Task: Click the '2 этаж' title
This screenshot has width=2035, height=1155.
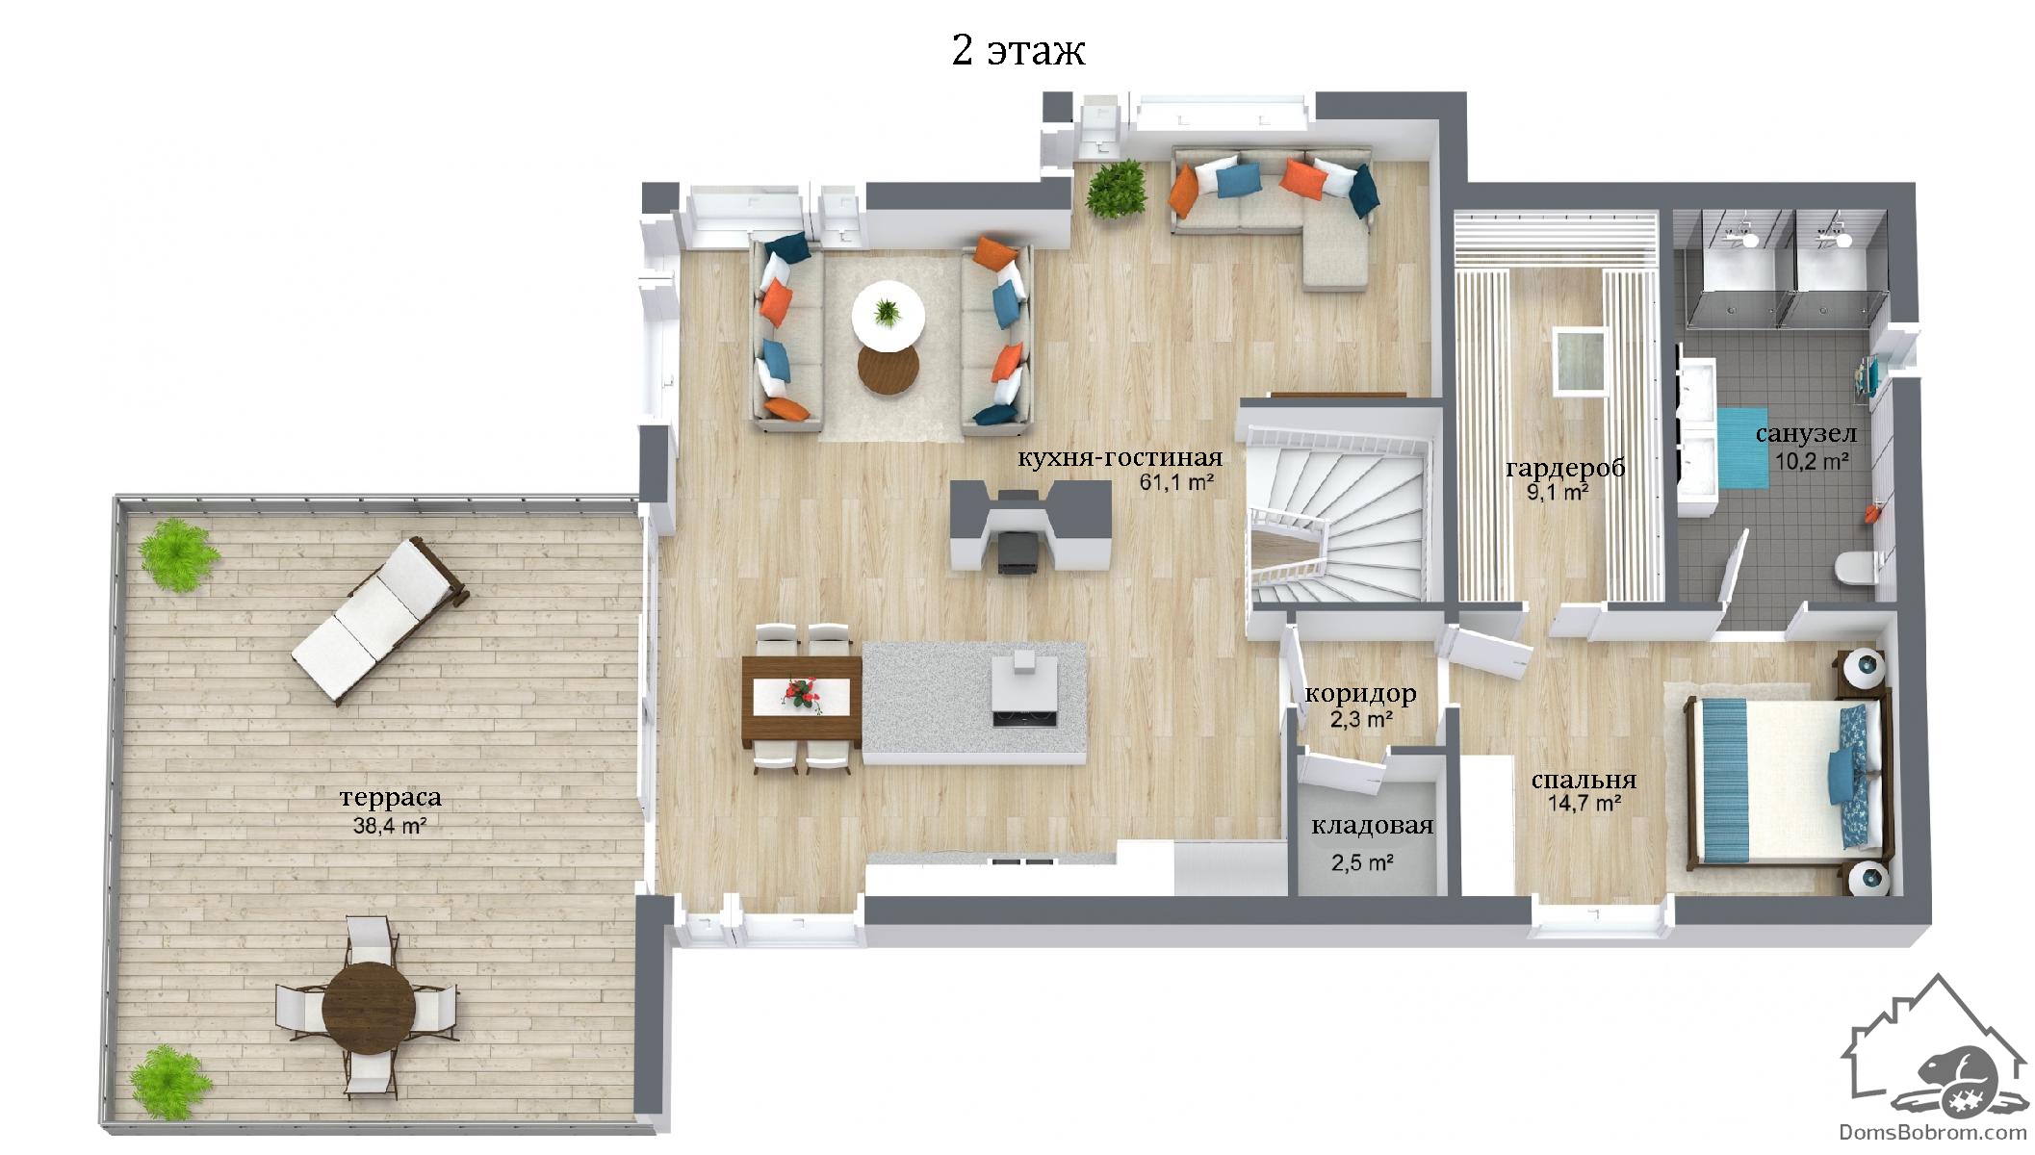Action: [x=1018, y=51]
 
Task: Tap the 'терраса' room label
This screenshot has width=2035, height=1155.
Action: [x=391, y=798]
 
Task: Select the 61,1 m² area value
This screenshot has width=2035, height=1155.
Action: [x=1176, y=482]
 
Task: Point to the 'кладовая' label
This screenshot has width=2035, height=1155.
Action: [x=1373, y=826]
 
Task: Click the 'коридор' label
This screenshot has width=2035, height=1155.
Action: [x=1360, y=694]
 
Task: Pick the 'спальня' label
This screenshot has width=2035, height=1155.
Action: [x=1584, y=781]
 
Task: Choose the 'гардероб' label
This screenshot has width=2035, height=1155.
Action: [x=1565, y=469]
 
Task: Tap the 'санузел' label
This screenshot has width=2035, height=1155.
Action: [x=1806, y=434]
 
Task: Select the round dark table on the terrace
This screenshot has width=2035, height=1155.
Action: [x=368, y=1008]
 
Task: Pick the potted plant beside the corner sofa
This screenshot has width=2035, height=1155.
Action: [x=1117, y=189]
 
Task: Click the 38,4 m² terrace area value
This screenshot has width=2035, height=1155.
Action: [x=390, y=825]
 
